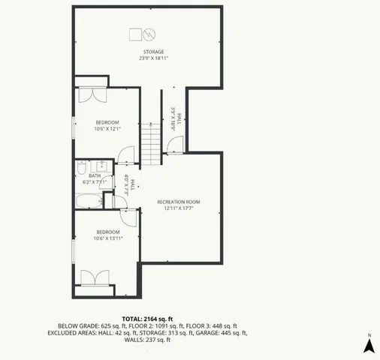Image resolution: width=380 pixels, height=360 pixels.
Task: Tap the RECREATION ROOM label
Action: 179,202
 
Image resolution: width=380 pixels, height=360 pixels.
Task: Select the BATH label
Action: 95,175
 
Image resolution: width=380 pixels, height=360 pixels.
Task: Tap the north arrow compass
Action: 368,345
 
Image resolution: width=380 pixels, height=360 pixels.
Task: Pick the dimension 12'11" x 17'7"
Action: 179,208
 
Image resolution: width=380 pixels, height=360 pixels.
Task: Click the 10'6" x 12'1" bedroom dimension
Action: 107,128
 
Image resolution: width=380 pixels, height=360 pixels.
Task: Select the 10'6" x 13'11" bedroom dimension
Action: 107,240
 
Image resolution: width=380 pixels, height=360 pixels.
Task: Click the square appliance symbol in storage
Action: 136,34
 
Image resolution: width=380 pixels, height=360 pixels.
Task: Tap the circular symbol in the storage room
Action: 149,34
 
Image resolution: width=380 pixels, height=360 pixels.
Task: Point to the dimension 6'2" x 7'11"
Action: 95,181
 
